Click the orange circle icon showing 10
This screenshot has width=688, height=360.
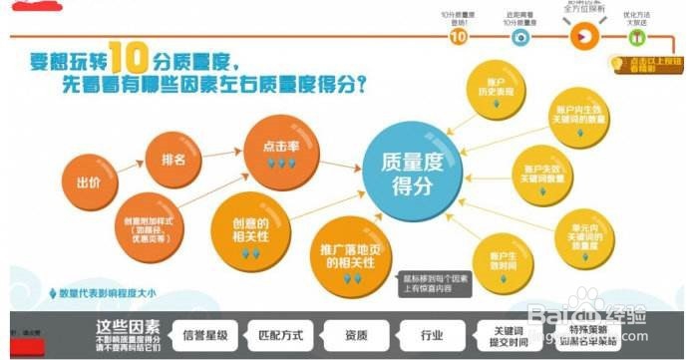coord(458,37)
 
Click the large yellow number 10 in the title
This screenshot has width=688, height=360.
coord(133,57)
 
